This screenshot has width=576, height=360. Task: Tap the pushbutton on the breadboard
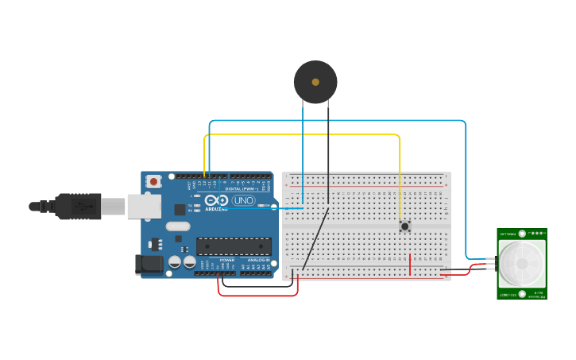click(x=404, y=226)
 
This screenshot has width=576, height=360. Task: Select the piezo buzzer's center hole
click(x=315, y=82)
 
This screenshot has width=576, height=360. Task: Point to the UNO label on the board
click(x=243, y=201)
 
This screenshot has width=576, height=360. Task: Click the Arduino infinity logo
click(x=216, y=201)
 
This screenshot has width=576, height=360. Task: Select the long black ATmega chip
click(x=234, y=246)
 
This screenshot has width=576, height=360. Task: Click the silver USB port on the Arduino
click(x=144, y=207)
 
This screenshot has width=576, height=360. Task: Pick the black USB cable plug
click(x=79, y=206)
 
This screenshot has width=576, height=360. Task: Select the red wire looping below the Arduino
click(x=258, y=295)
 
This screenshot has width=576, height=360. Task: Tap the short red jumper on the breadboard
click(x=410, y=264)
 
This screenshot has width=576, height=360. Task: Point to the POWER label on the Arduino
click(x=227, y=260)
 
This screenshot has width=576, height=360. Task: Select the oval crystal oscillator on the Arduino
click(x=178, y=226)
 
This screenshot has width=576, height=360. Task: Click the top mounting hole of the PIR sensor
click(x=522, y=234)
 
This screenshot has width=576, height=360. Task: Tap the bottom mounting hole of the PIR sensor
click(x=522, y=294)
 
